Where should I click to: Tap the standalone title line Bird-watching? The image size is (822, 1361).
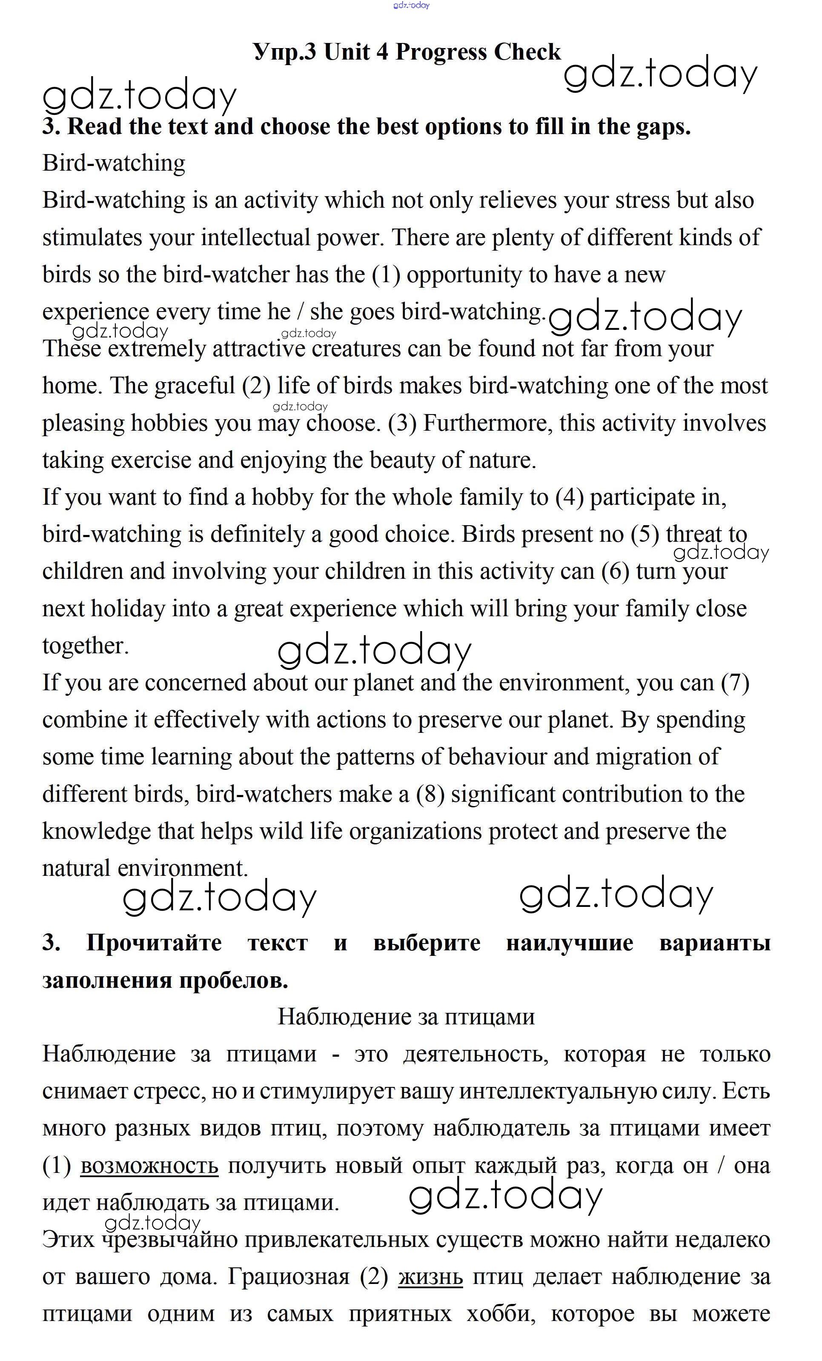click(x=114, y=163)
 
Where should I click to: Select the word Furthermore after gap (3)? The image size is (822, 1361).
click(x=484, y=423)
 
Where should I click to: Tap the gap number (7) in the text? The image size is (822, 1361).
click(x=735, y=683)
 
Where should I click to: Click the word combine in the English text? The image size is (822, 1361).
click(x=81, y=720)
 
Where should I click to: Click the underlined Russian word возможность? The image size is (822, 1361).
click(x=149, y=1166)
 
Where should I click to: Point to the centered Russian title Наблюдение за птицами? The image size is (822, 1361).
click(x=406, y=1016)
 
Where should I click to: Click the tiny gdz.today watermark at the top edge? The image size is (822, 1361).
click(x=411, y=5)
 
